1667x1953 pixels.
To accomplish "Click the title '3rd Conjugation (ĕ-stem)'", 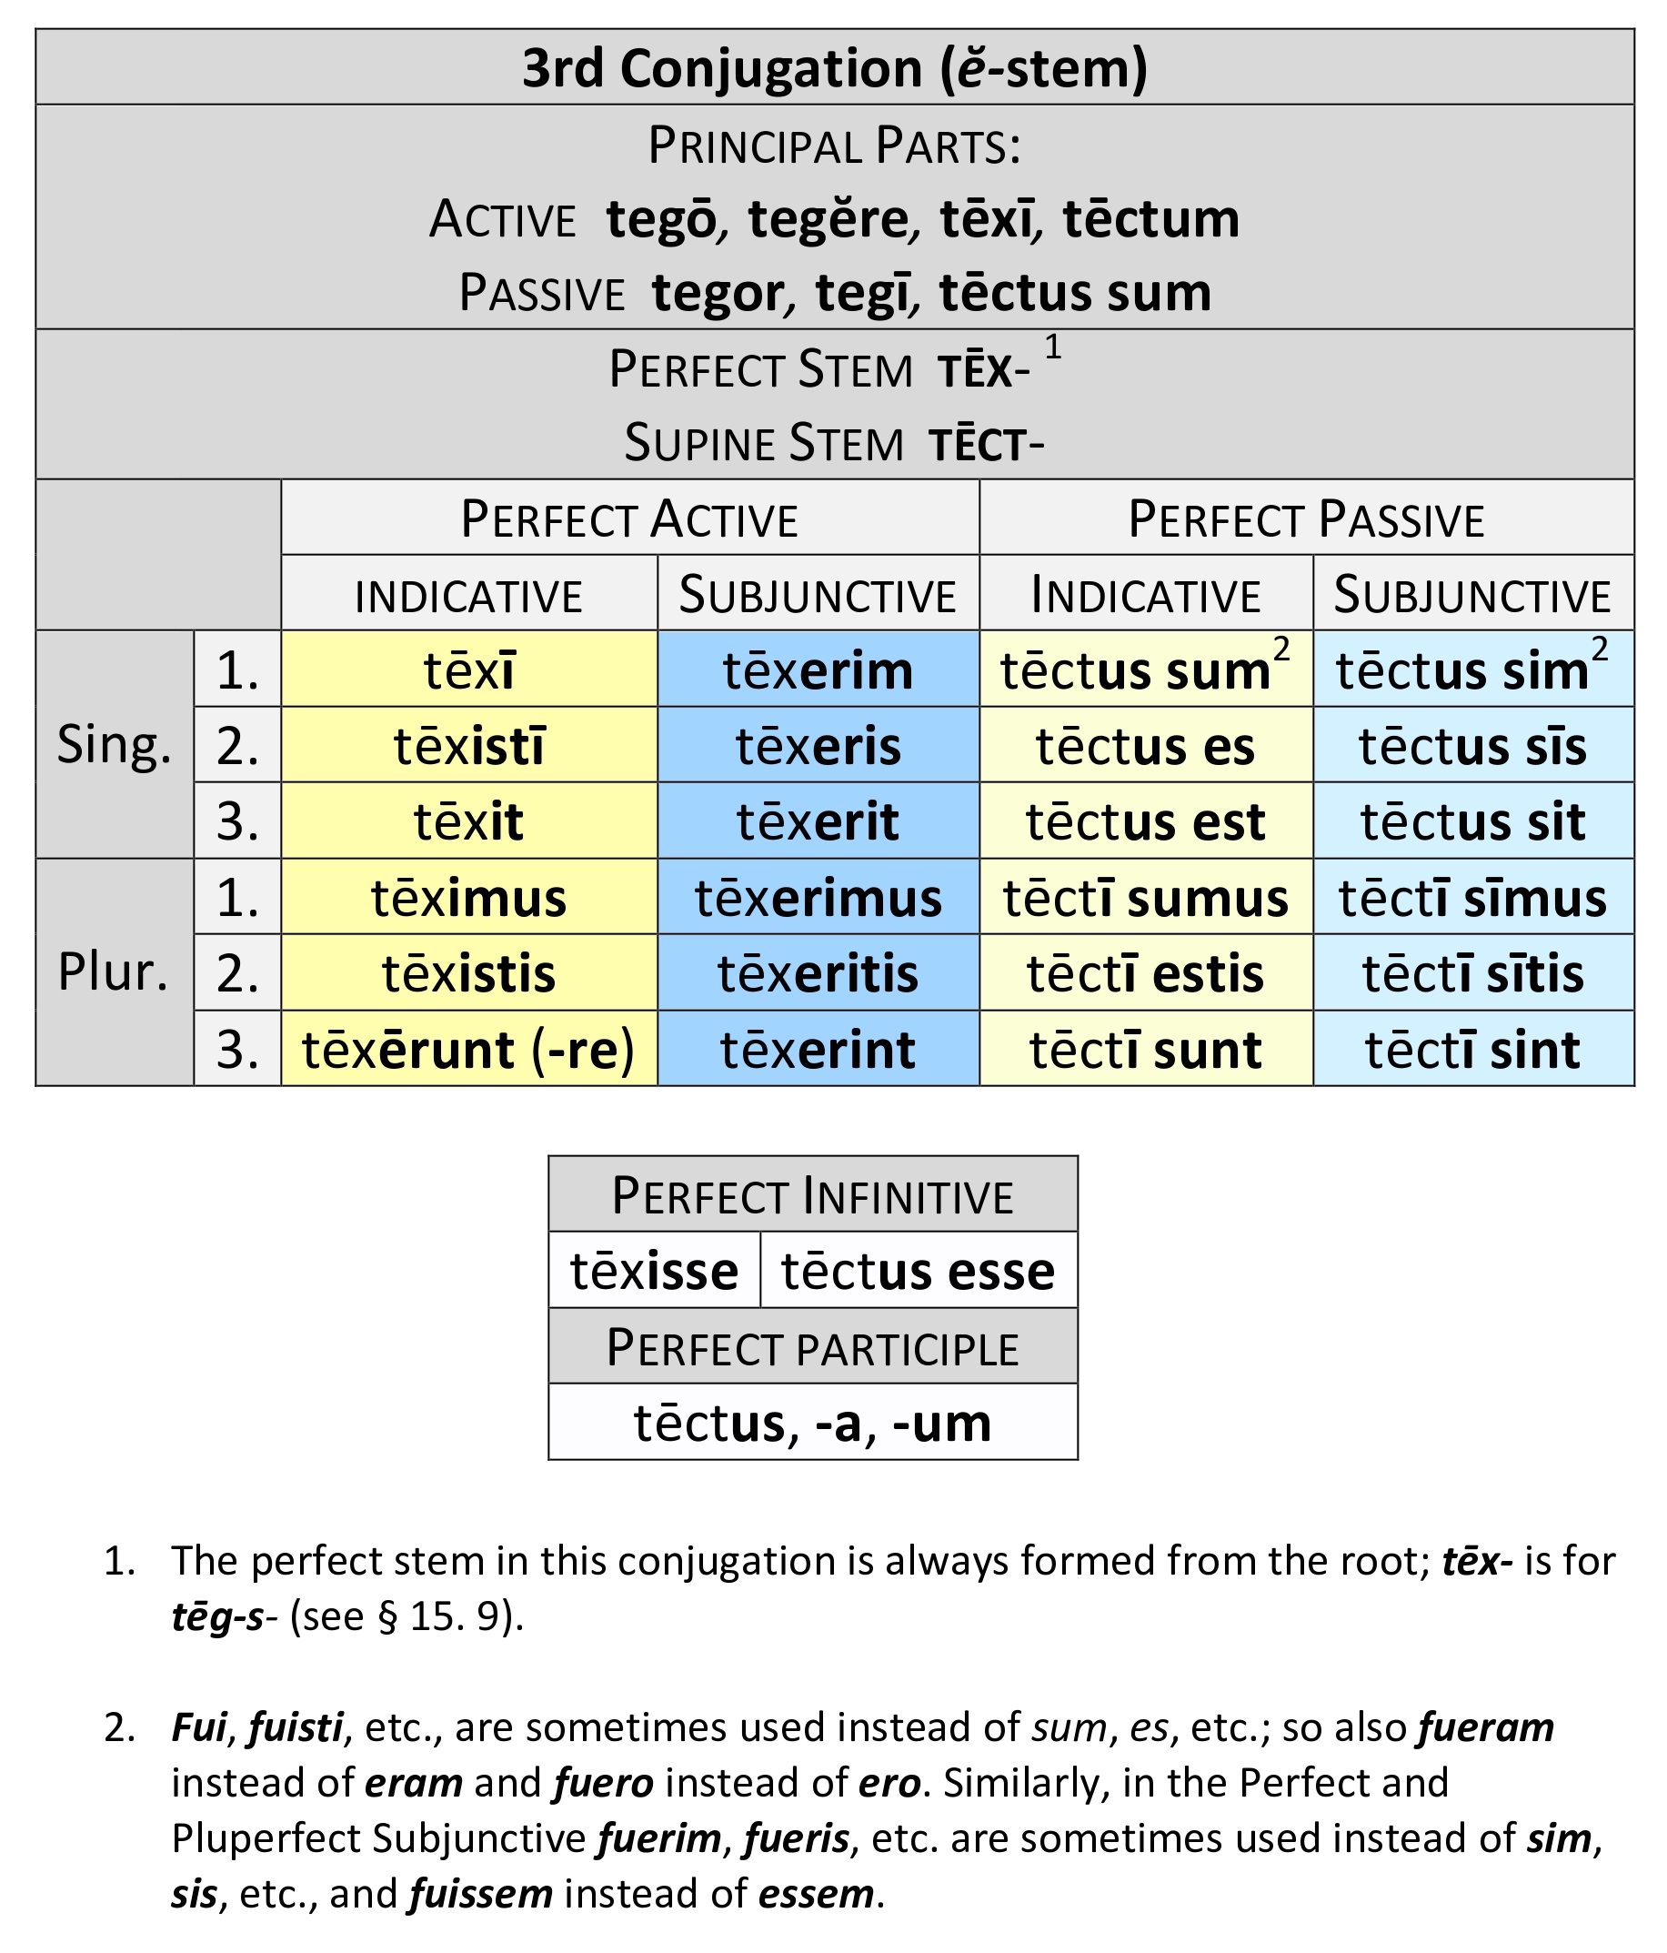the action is [x=834, y=68].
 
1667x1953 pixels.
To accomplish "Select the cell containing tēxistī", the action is [x=469, y=745].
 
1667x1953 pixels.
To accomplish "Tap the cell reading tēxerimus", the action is [x=818, y=896].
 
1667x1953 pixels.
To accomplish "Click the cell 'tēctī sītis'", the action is [x=1473, y=972].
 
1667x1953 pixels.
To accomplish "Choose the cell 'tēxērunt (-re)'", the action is [x=469, y=1048].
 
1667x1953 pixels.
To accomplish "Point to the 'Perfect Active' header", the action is [x=629, y=518].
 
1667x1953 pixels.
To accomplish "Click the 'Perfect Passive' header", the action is [x=1306, y=518].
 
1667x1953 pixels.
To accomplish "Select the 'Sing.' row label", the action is [x=114, y=745].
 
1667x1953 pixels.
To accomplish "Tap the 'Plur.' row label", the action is [x=113, y=971].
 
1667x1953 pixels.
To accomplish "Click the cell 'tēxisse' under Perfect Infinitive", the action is [x=654, y=1271].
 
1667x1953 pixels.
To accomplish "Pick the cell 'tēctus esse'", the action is [x=919, y=1271].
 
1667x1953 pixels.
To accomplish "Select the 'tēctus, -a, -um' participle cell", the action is [x=813, y=1423].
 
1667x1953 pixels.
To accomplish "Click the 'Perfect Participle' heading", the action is [x=813, y=1347].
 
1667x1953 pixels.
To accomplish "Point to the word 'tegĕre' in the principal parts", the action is [x=829, y=218].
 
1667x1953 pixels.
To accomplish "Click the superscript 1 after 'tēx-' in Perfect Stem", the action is [x=1052, y=347].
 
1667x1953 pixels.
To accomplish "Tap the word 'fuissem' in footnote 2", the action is [x=480, y=1894].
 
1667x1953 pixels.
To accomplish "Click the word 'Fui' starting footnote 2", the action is [x=199, y=1727].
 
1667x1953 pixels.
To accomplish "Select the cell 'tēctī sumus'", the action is [x=1146, y=896].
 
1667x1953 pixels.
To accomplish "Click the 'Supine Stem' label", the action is [x=764, y=443].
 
